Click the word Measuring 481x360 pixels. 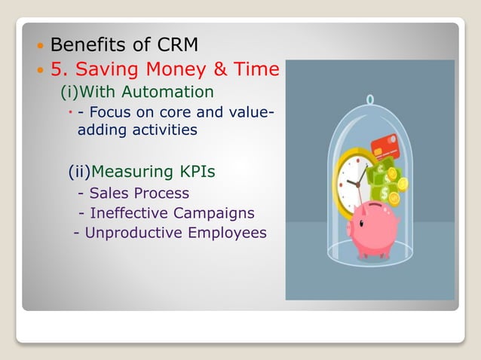pos(133,172)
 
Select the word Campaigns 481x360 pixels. pos(217,213)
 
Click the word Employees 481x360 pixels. pos(227,233)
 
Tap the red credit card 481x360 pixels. pos(384,144)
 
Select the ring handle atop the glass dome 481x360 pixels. pos(369,99)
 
